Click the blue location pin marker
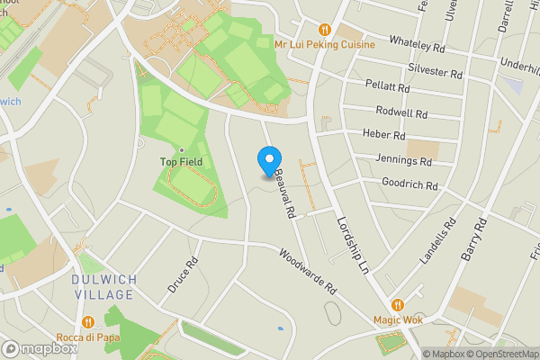pyautogui.click(x=268, y=161)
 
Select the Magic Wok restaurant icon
pyautogui.click(x=398, y=304)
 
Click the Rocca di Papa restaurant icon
pyautogui.click(x=87, y=321)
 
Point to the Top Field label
pyautogui.click(x=181, y=162)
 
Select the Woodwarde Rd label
pyautogui.click(x=307, y=272)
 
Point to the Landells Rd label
pyautogui.click(x=438, y=241)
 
